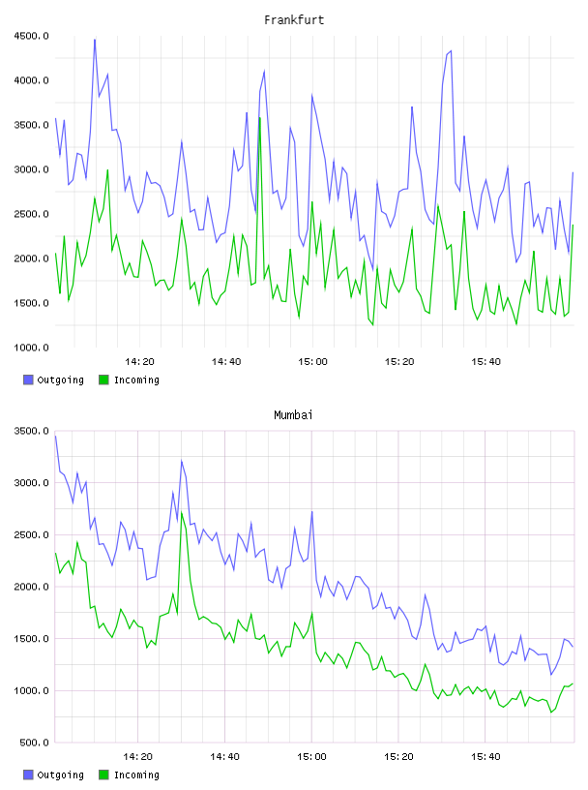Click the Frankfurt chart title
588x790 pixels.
(294, 20)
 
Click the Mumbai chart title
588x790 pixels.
(293, 415)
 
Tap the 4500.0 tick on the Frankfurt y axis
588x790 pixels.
(31, 36)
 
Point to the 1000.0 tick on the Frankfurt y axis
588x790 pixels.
(31, 348)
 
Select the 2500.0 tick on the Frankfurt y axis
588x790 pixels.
(31, 214)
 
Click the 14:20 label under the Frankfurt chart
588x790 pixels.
(139, 362)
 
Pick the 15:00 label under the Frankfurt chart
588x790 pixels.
(312, 362)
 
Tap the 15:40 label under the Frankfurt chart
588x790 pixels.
(485, 362)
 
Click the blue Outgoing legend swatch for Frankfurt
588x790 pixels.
(28, 380)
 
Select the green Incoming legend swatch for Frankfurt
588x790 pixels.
(103, 380)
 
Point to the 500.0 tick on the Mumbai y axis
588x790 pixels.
(34, 743)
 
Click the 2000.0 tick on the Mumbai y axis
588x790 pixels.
(31, 587)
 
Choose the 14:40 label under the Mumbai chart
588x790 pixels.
(224, 757)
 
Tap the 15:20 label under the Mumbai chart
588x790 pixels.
(398, 757)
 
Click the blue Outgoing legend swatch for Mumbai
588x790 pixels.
(28, 775)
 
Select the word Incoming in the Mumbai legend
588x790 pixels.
(136, 775)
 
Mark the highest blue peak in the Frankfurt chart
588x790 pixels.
(95, 40)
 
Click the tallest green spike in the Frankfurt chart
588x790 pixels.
(260, 118)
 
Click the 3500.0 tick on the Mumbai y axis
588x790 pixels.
(31, 431)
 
